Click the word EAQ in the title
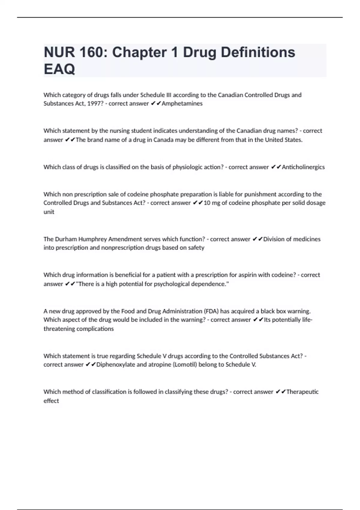(x=59, y=69)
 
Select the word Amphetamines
(x=182, y=103)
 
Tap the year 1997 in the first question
(x=96, y=103)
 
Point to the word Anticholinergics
(x=303, y=167)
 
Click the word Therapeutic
(x=302, y=392)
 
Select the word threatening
(x=59, y=329)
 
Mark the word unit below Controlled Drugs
(x=49, y=212)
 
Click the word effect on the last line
(x=51, y=401)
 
